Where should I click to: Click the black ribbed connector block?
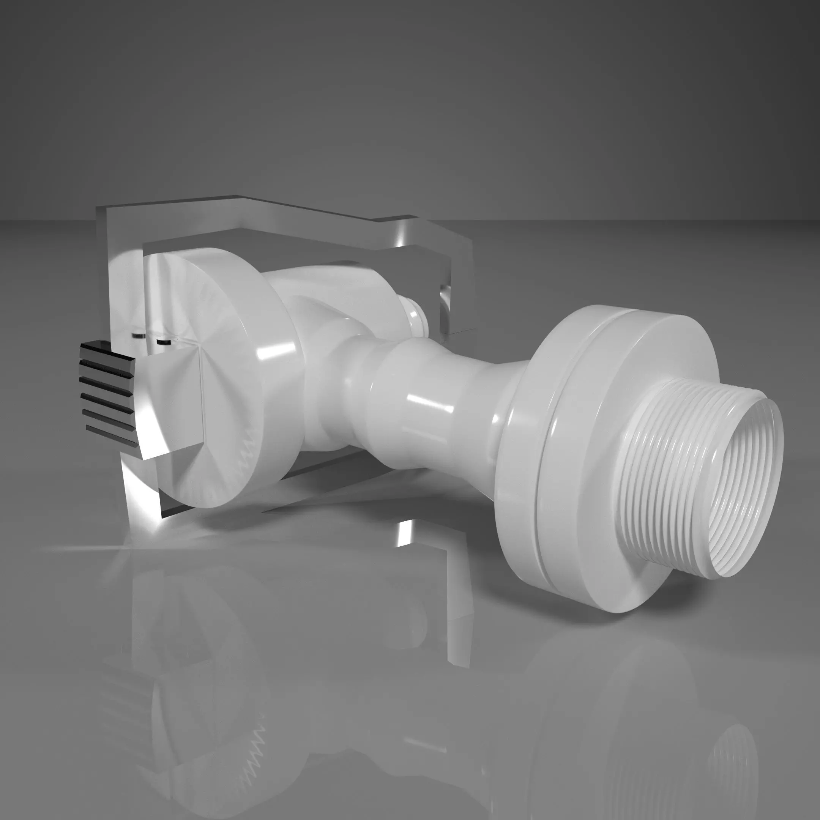[x=108, y=394]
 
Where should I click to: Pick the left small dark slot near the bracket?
[x=138, y=336]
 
